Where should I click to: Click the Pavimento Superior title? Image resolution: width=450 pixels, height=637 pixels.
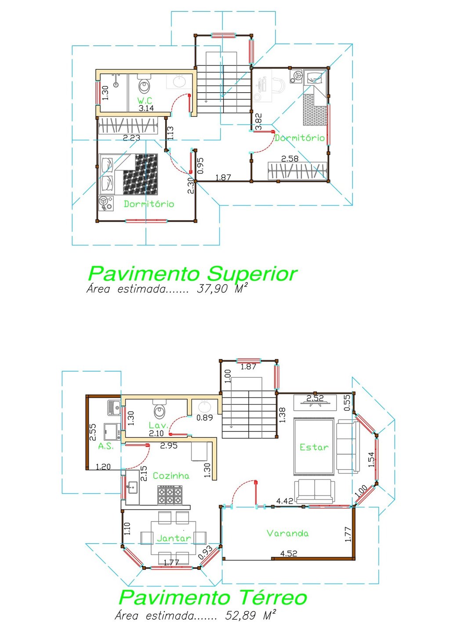(x=192, y=274)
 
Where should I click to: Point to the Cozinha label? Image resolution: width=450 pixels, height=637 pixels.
(x=171, y=476)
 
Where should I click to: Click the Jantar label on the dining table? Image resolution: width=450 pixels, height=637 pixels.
(x=174, y=538)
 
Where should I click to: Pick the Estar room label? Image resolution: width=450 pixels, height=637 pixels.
(x=314, y=447)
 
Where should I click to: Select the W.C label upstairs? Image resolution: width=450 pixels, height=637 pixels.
(x=145, y=101)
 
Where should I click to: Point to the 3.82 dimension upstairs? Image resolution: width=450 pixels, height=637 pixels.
(x=258, y=121)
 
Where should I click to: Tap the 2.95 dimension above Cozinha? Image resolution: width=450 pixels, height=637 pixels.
(x=169, y=445)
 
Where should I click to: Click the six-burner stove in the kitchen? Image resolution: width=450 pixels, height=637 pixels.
(x=170, y=495)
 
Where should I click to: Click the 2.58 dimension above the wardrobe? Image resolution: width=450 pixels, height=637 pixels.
(x=290, y=159)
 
